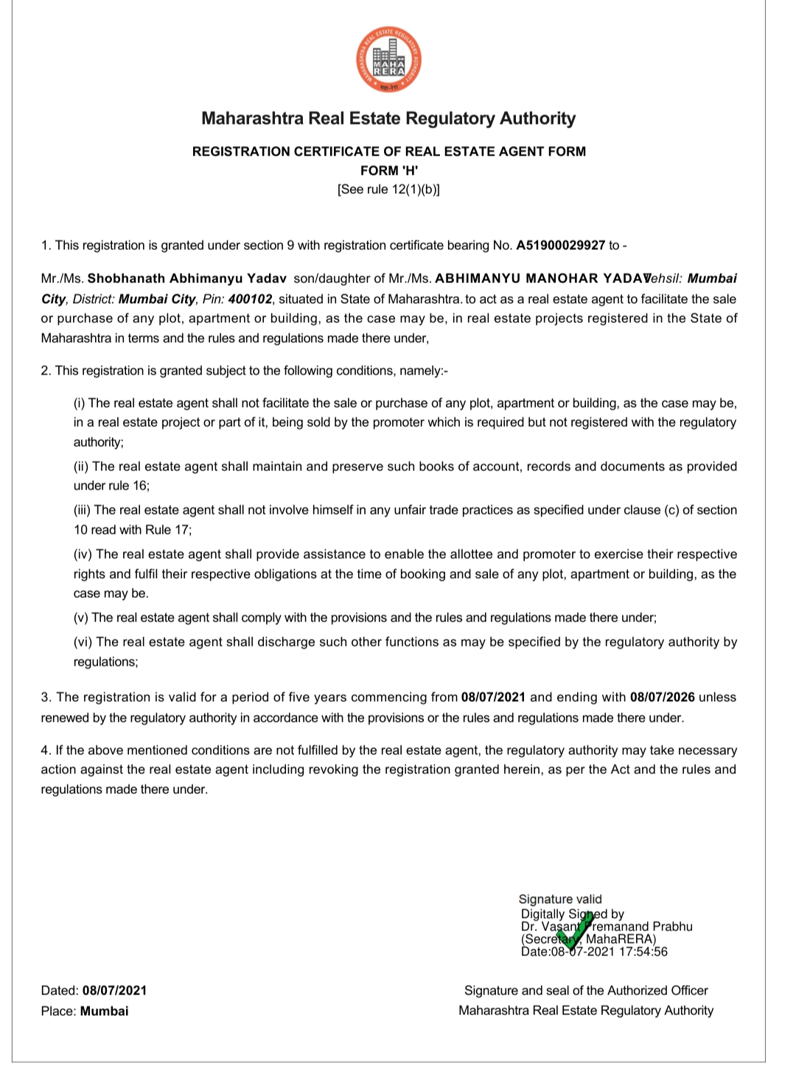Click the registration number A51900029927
coord(560,245)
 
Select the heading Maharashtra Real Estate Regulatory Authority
coord(388,119)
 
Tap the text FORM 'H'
coord(389,170)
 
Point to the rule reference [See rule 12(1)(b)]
coord(388,189)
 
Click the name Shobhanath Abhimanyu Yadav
coord(187,279)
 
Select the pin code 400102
coord(250,299)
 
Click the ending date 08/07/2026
coord(663,697)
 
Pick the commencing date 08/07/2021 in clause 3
coord(493,697)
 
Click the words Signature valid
coord(560,899)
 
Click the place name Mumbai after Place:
coord(104,1011)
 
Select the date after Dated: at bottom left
coord(114,991)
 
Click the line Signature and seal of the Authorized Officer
coord(586,991)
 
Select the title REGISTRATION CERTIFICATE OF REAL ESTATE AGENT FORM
coord(388,152)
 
